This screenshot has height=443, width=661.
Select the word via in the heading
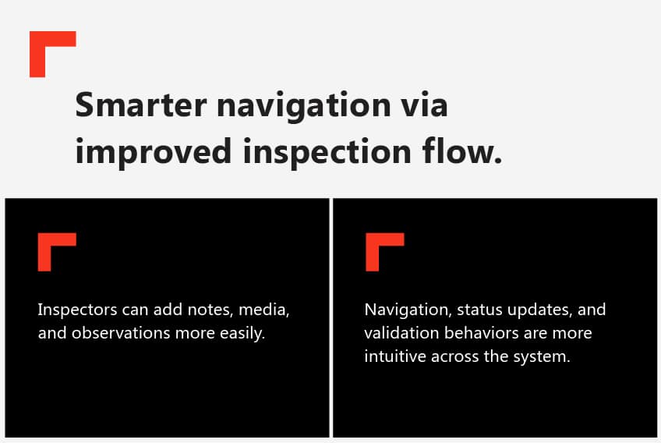coord(427,105)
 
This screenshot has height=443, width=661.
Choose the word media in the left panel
coord(263,310)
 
